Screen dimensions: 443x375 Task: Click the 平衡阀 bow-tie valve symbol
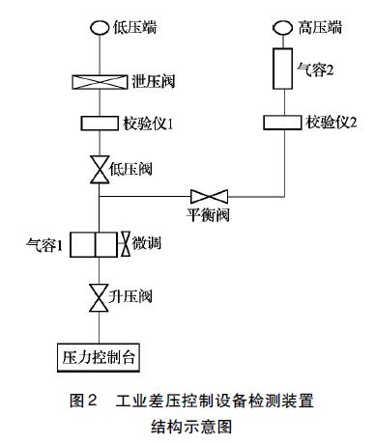pos(207,195)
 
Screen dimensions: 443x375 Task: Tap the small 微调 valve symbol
pos(125,244)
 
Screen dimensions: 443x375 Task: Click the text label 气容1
pos(45,245)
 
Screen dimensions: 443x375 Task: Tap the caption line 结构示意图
pos(187,423)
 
